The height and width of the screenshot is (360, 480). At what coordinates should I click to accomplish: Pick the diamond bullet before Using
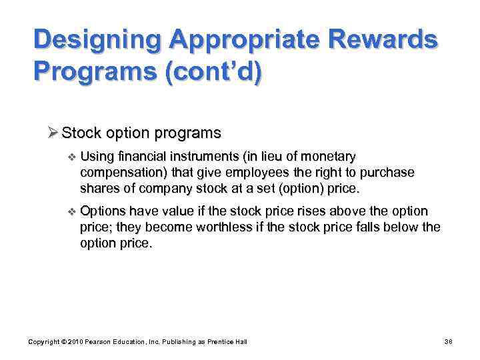click(x=71, y=156)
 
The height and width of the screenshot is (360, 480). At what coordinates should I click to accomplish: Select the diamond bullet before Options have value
click(x=71, y=211)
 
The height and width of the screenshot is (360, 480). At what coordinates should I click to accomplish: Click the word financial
click(x=141, y=156)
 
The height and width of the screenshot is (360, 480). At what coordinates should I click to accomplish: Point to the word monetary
click(x=328, y=156)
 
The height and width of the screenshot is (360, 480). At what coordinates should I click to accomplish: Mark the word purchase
click(x=387, y=173)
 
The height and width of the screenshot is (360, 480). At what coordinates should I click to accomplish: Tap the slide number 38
click(x=448, y=342)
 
